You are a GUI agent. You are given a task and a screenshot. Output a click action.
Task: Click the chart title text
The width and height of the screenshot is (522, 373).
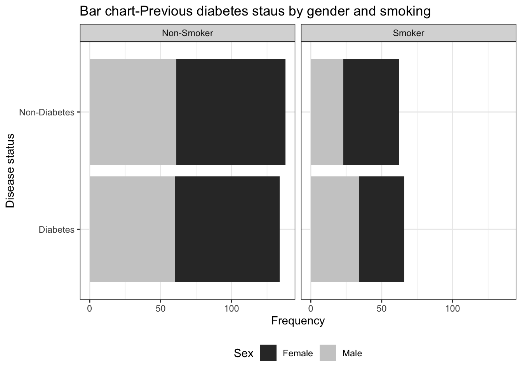[x=255, y=11]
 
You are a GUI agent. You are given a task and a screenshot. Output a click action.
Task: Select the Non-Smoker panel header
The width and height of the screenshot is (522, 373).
[x=187, y=33]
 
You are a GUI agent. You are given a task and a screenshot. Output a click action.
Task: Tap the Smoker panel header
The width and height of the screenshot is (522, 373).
[x=408, y=33]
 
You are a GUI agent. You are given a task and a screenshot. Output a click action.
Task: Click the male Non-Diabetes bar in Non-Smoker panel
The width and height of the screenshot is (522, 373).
[x=133, y=112]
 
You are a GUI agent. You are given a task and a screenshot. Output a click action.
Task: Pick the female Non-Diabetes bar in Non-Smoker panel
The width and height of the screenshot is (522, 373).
[x=231, y=112]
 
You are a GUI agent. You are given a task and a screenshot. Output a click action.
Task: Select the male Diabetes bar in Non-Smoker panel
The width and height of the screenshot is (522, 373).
[x=132, y=229]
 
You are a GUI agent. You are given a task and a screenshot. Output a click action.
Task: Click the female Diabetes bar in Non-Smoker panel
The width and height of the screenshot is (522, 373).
[x=227, y=229]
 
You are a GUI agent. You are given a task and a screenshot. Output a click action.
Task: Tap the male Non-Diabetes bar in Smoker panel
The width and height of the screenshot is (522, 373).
[x=327, y=112]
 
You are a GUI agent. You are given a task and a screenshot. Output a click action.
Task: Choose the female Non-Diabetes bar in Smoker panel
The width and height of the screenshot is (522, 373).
[x=371, y=112]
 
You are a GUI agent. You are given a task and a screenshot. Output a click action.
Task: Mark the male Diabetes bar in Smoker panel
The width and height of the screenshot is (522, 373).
[x=335, y=229]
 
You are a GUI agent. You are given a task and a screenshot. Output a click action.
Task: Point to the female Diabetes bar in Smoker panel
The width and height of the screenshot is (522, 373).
[x=381, y=229]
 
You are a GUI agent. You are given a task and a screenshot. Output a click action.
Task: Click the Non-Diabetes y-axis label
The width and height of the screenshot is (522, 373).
[x=47, y=113]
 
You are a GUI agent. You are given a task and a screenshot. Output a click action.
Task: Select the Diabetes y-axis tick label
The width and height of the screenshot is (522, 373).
[x=56, y=230]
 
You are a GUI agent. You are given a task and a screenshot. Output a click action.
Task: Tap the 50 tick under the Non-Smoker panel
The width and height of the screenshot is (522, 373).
[x=160, y=309]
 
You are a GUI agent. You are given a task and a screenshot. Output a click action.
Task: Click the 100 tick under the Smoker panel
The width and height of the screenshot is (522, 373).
[x=452, y=309]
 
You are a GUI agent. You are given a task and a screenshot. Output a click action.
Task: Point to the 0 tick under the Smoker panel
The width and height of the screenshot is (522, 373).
[x=311, y=309]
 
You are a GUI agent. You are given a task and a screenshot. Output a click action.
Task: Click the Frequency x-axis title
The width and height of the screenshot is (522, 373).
[x=298, y=321]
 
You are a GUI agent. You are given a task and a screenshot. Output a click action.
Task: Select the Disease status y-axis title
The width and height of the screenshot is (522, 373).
[x=10, y=171]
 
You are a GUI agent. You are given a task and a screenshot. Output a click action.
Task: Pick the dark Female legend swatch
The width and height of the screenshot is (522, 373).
[x=268, y=353]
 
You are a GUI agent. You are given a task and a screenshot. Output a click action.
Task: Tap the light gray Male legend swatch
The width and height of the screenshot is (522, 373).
[x=328, y=353]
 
